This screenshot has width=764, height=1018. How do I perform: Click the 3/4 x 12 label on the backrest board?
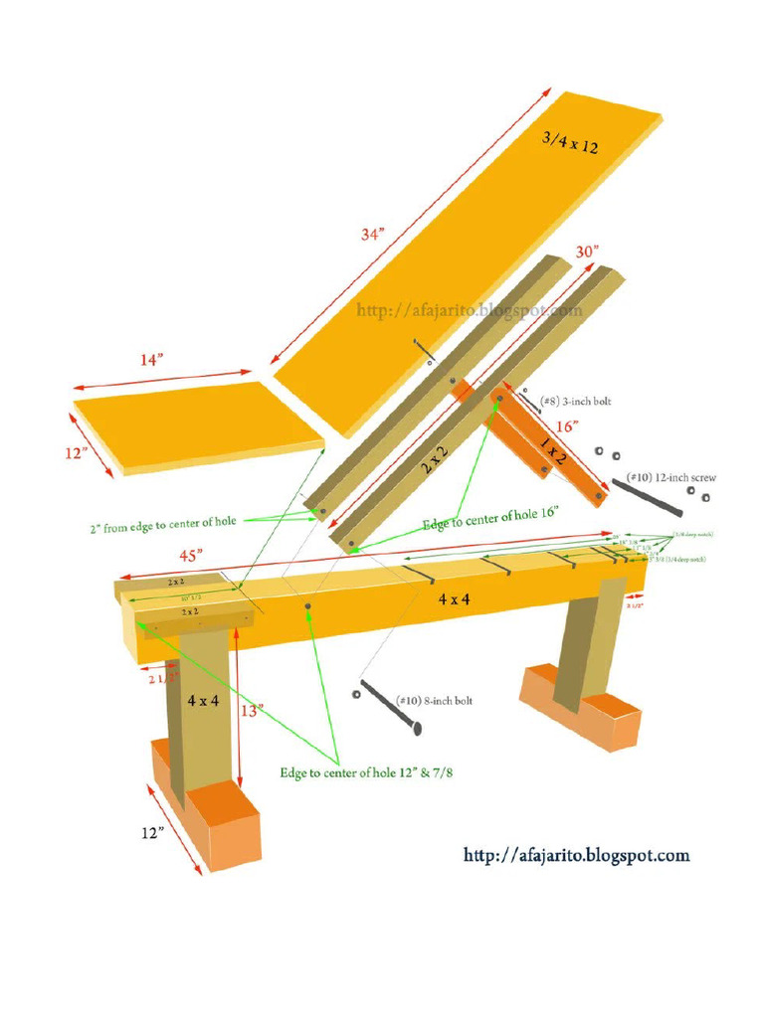pyautogui.click(x=570, y=142)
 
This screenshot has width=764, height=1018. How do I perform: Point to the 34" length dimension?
pyautogui.click(x=371, y=235)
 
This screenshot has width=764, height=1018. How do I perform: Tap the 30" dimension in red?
pyautogui.click(x=587, y=253)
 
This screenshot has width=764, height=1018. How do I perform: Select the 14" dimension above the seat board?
pyautogui.click(x=149, y=361)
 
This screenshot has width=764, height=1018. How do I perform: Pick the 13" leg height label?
pyautogui.click(x=251, y=711)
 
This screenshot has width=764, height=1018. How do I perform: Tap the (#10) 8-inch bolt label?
pyautogui.click(x=435, y=701)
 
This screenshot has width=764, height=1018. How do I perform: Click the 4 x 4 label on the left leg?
pyautogui.click(x=203, y=701)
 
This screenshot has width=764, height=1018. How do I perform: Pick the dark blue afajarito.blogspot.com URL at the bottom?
pyautogui.click(x=576, y=855)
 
